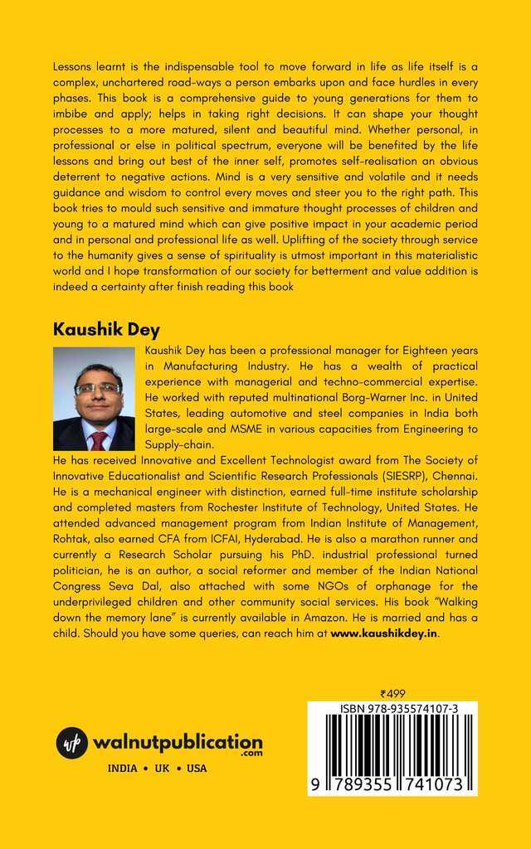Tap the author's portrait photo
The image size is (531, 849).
tap(94, 399)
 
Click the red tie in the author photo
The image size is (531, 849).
tap(99, 439)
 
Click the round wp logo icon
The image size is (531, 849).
tap(72, 742)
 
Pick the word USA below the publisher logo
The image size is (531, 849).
tap(197, 769)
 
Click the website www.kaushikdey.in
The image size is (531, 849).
tap(384, 633)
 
